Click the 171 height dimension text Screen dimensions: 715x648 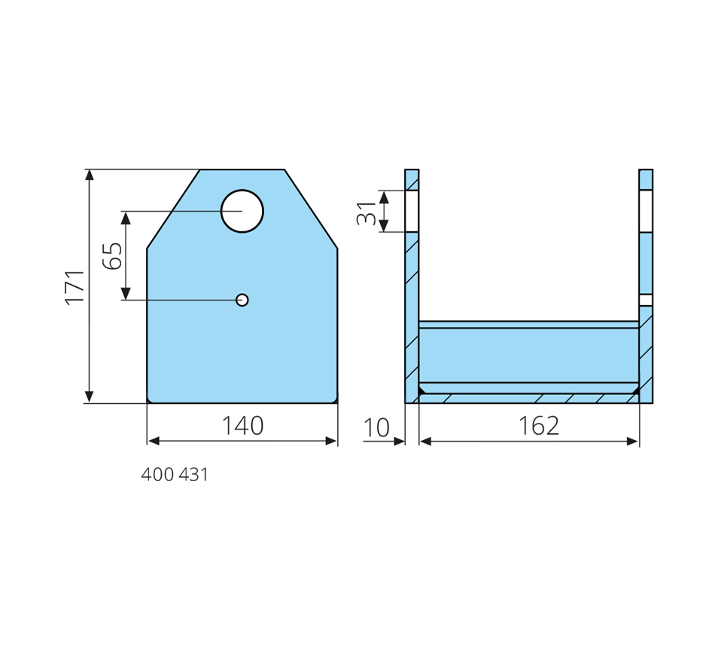click(75, 287)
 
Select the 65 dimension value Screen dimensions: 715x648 click(113, 255)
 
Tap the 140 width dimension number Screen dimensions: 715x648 click(242, 426)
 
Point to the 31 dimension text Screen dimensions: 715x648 click(367, 212)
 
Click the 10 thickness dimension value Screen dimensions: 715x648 click(376, 428)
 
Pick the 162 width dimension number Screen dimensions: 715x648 click(539, 426)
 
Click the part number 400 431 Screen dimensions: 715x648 click(175, 475)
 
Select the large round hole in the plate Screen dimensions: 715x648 click(242, 212)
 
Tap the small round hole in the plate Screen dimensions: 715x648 click(242, 300)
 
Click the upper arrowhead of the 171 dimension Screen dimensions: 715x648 click(90, 175)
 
